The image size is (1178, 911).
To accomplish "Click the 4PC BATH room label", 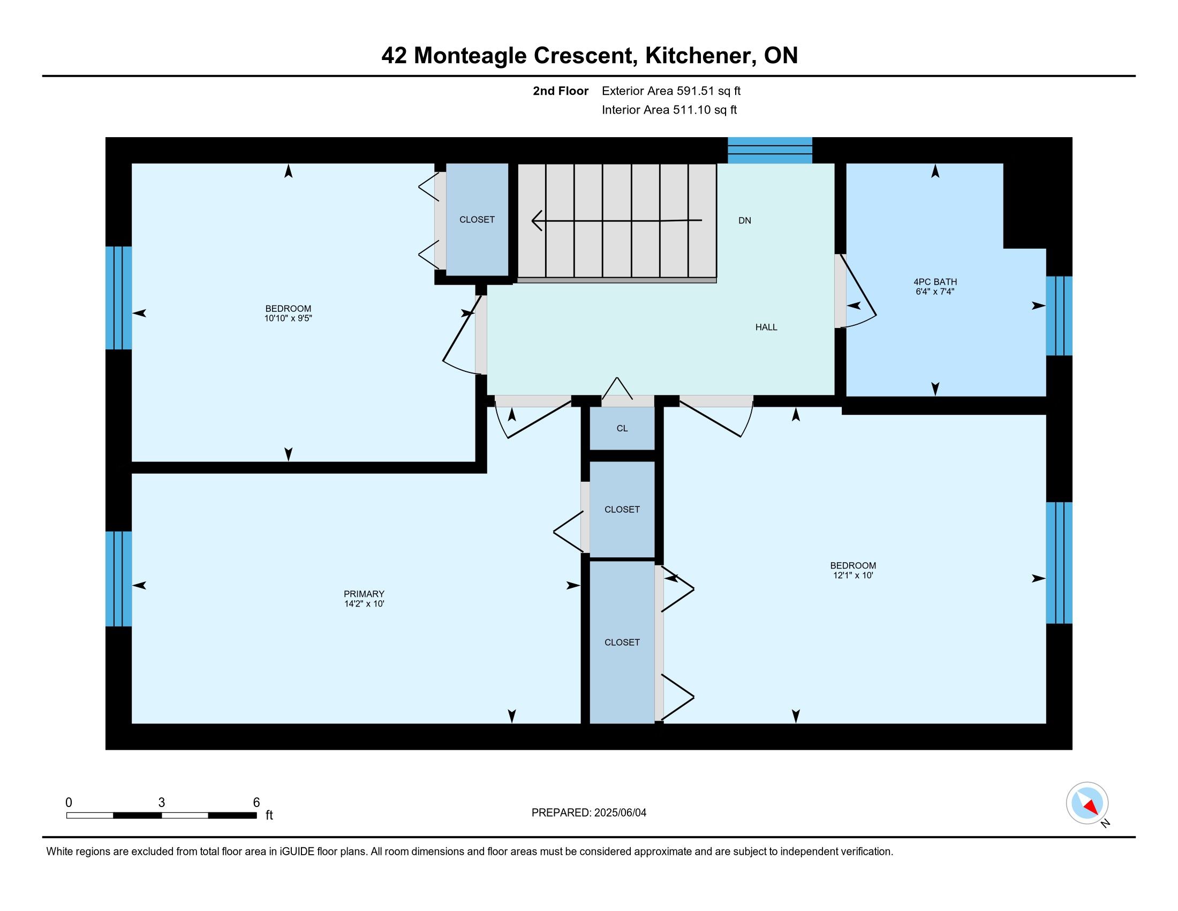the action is coord(935,282).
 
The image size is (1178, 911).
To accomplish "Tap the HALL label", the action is coord(766,327).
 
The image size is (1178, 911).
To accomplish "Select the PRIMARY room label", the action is coord(364,594).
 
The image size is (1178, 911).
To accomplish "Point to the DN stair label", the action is coord(744,220).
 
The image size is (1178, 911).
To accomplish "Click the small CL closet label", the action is coord(622,428).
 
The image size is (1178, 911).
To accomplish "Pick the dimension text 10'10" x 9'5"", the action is coord(288,318).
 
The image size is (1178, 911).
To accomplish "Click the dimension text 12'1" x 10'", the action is coord(853,576).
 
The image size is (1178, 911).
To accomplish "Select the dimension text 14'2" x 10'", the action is coord(364,604).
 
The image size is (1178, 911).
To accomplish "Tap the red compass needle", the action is coord(1091,807).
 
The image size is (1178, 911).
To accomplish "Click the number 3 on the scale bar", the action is coord(161,803).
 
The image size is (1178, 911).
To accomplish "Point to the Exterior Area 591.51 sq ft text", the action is coord(671,91).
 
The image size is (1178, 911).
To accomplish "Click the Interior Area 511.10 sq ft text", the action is coord(669,109).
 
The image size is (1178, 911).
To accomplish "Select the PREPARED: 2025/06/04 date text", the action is coord(588,812).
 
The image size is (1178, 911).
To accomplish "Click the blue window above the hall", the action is coord(769,150).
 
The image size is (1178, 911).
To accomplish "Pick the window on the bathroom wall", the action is coord(1059,316).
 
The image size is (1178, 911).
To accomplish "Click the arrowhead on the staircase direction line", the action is coord(537,220).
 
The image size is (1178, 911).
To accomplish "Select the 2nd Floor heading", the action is coord(561,91).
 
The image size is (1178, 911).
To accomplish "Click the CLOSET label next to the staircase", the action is coord(477,220).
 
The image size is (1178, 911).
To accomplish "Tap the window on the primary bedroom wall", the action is coord(119,579).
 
